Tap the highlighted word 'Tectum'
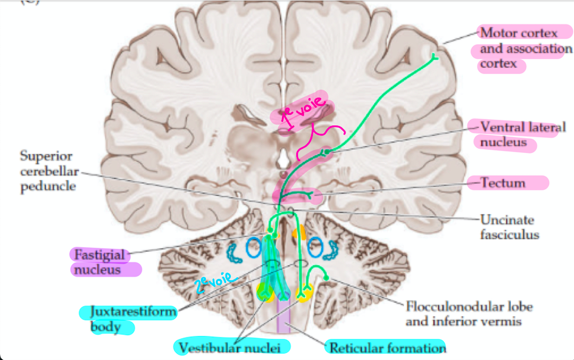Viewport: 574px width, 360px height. click(x=503, y=183)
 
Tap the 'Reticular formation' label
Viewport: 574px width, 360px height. click(x=387, y=347)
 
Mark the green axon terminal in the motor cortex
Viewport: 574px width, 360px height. click(x=434, y=57)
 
